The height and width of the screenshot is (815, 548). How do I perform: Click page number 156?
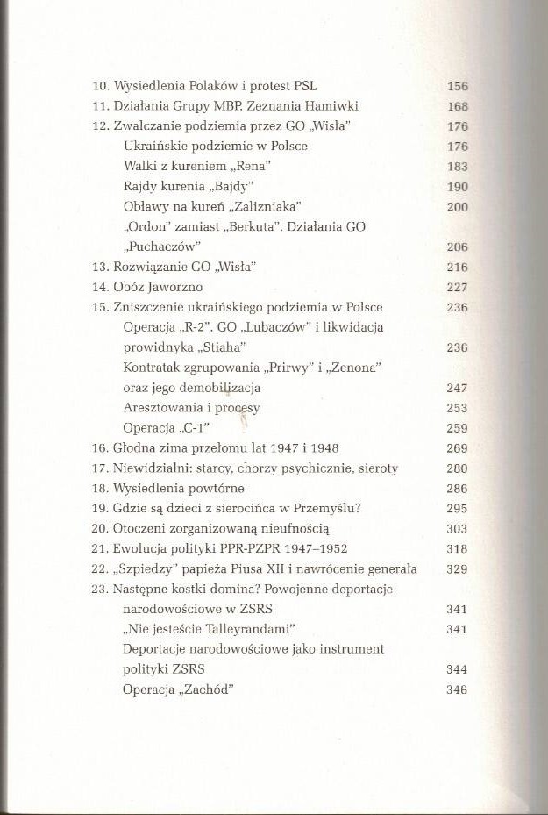457,87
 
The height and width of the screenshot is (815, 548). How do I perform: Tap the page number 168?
457,107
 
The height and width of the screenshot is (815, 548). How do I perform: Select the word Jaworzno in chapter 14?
174,288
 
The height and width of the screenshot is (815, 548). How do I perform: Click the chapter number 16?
99,448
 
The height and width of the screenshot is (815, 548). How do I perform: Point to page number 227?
457,288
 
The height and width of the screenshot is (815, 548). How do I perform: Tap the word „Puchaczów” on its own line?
162,247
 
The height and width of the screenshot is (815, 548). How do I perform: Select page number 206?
457,247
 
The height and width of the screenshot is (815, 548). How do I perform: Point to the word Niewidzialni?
149,468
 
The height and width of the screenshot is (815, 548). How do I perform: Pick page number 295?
457,509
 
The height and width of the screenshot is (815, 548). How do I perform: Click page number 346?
457,690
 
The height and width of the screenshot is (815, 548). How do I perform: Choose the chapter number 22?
99,569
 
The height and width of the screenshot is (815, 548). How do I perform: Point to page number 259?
457,428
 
